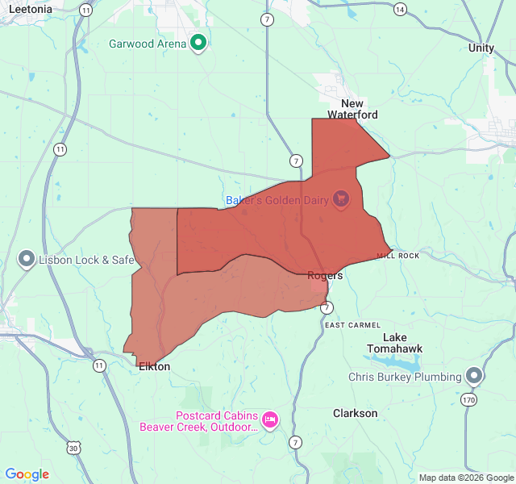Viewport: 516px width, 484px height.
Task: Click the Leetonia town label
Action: (x=31, y=9)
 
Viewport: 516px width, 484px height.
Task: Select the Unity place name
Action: (x=481, y=48)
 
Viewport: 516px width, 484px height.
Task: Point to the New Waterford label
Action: (x=352, y=109)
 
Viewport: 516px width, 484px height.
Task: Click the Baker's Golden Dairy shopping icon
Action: (x=341, y=198)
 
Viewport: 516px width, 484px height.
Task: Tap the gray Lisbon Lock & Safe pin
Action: (x=27, y=260)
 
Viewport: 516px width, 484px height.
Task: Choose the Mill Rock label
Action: (x=398, y=256)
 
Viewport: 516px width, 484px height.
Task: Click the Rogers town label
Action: (x=325, y=275)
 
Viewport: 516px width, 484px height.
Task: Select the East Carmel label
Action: (x=352, y=325)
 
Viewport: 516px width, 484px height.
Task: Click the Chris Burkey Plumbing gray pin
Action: (x=474, y=376)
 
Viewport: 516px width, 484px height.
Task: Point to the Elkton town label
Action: (x=154, y=366)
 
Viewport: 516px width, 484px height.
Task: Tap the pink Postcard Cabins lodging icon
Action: (x=270, y=419)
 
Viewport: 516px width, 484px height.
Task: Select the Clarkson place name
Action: (x=355, y=413)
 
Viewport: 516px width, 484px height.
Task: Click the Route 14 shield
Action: (x=400, y=9)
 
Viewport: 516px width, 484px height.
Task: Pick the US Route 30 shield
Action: (x=74, y=448)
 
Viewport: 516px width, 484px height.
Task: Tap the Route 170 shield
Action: (x=470, y=398)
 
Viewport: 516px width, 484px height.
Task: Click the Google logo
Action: (x=27, y=474)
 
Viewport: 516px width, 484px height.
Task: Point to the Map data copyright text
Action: (x=465, y=478)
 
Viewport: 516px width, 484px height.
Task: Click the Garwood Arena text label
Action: (x=148, y=44)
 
